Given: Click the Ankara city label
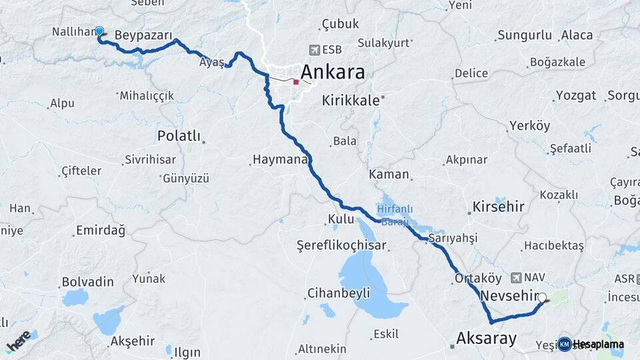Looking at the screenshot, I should coord(333,72).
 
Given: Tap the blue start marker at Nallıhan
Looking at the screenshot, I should coord(99,31).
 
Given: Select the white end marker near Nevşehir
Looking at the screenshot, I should coord(542,298).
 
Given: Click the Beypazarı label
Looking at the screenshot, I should coord(143,35).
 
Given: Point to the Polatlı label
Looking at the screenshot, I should coord(179,136).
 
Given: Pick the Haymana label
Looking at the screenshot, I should coord(279,160).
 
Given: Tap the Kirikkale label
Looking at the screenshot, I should coord(351,101).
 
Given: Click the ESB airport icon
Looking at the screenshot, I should coord(315,50).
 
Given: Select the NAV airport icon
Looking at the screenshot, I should coord(516,277).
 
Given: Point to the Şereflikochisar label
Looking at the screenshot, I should coord(342,245).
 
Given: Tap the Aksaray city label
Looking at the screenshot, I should coord(486,339).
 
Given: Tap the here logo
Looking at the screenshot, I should coord(19,341).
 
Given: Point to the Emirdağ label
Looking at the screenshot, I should coord(101,231).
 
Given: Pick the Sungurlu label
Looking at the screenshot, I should coord(525,35).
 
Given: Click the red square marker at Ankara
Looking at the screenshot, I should coord(296,82).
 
